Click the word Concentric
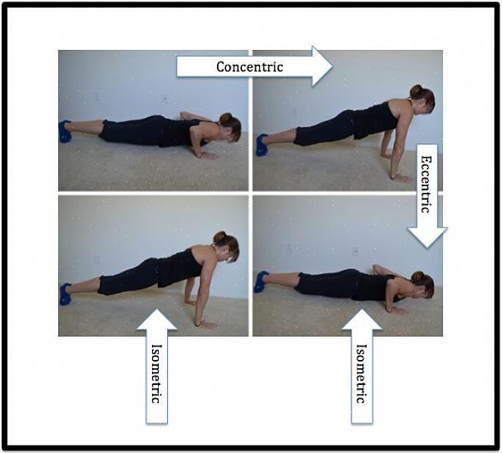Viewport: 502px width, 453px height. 249,67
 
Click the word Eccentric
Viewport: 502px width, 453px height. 426,185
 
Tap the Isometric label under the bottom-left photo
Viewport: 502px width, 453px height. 156,374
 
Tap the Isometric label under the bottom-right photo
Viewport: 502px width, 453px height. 362,374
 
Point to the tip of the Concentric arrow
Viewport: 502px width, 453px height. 333,67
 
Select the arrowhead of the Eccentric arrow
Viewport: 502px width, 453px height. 427,237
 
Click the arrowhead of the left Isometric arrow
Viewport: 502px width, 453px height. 156,319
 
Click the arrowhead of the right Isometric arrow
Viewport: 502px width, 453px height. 362,319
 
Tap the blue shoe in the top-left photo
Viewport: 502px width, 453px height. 65,132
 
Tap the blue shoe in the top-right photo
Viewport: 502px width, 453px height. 262,144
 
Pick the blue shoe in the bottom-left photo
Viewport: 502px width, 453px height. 65,294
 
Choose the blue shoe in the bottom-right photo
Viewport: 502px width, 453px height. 262,282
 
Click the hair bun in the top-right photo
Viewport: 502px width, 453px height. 417,92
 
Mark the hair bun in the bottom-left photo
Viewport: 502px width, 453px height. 220,237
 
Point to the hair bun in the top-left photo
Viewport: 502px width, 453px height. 226,119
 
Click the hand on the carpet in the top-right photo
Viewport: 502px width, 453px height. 401,178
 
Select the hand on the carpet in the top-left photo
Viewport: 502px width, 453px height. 208,156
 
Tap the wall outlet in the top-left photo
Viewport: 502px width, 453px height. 165,99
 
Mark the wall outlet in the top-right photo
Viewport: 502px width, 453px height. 295,112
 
